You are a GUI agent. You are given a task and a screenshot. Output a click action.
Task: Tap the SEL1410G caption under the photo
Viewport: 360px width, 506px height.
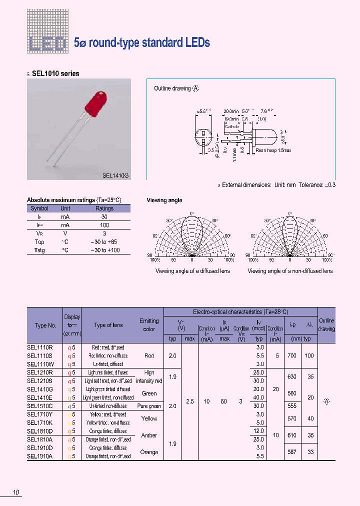point(115,175)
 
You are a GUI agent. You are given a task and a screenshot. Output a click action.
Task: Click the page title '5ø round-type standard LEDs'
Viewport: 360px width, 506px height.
point(141,43)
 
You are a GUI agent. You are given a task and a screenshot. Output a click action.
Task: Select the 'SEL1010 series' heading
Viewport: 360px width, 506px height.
point(55,73)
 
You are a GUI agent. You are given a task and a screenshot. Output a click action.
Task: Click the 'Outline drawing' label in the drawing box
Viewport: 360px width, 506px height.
point(172,88)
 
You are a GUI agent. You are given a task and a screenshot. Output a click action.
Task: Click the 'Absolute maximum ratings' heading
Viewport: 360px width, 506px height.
point(74,200)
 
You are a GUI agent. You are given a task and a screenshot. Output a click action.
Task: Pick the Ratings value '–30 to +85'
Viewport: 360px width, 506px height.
point(104,241)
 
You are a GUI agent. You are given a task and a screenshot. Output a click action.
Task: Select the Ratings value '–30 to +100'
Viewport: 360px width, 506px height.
point(104,250)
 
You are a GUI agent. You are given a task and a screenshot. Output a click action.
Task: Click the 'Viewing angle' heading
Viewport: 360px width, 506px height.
point(164,200)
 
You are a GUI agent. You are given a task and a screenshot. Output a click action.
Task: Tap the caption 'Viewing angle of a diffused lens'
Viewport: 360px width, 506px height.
point(192,271)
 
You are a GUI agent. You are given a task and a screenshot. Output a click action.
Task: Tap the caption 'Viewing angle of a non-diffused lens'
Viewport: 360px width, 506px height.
point(290,271)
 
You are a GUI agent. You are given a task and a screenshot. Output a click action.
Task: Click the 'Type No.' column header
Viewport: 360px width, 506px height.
point(45,325)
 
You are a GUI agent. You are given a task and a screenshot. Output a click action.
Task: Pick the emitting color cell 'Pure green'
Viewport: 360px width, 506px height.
point(149,406)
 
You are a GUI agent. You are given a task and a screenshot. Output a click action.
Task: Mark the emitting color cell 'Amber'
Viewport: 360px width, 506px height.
point(149,435)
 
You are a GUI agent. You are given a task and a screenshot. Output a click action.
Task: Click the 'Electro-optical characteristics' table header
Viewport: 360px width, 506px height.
point(240,311)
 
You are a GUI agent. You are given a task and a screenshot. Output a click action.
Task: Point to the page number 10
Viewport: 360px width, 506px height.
point(16,493)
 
